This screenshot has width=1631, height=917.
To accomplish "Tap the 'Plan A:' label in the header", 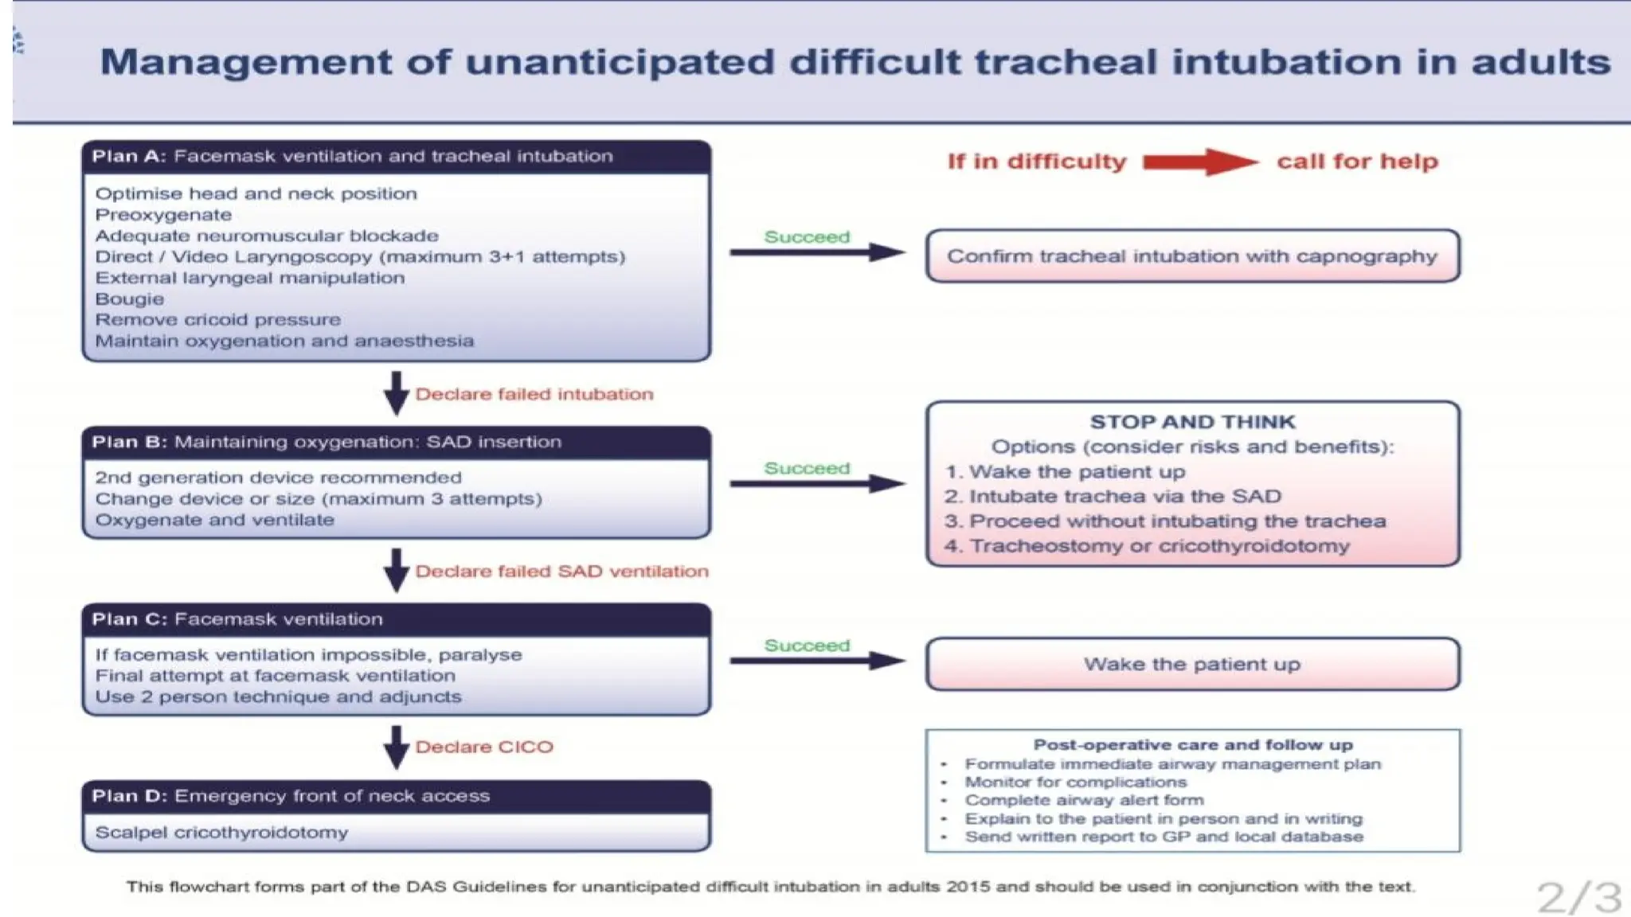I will point(128,156).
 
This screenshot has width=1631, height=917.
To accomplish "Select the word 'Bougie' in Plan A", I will point(130,299).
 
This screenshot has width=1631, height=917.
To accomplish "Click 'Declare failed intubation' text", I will point(534,394).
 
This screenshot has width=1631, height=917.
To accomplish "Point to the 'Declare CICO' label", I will point(483,747).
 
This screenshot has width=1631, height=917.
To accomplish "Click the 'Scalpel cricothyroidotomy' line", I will point(221,833).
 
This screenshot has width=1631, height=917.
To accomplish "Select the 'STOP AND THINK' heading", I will point(1192,422).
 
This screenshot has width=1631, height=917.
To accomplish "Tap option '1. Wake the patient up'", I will point(1065,472).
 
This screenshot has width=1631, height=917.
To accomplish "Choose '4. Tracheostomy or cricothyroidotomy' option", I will point(1147,546).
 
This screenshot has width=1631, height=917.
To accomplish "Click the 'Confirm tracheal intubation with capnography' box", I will point(1192,256).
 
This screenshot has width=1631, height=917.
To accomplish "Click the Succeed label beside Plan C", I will point(807,646).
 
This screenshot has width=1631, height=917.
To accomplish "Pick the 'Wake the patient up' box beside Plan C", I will point(1192,664).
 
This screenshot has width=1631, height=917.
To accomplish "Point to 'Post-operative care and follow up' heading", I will point(1192,745).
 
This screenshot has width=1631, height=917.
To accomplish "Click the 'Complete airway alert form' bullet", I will point(1084,800).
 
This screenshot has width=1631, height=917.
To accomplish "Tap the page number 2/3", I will point(1578,898).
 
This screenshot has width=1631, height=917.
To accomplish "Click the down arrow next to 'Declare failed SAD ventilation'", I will point(396,570).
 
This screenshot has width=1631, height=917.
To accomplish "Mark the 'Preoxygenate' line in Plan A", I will point(163,215).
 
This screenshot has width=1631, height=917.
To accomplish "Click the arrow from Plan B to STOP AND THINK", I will point(816,483).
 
